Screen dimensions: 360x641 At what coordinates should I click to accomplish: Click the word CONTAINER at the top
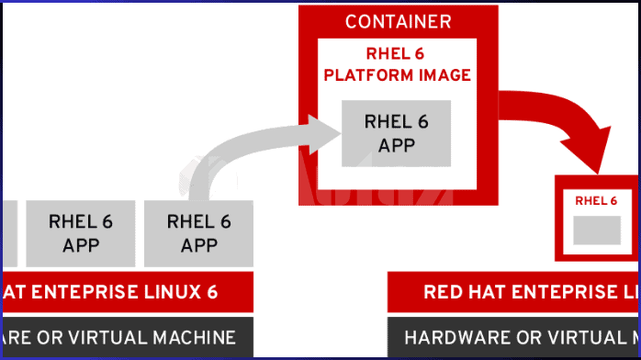pos(398,21)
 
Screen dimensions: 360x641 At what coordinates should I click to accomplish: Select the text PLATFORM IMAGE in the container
pos(397,75)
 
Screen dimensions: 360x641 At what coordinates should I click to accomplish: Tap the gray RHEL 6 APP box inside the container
pos(397,133)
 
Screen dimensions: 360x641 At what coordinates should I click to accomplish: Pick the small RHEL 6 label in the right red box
pos(597,200)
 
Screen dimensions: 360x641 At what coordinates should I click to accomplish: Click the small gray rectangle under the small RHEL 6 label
pos(597,231)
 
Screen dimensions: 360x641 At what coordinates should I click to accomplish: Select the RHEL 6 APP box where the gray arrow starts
pos(199,232)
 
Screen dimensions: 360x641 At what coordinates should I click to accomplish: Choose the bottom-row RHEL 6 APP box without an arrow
pos(80,232)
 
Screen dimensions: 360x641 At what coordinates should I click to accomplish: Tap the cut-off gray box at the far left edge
pos(6,232)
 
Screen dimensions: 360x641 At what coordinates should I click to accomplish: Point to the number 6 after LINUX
pos(212,292)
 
